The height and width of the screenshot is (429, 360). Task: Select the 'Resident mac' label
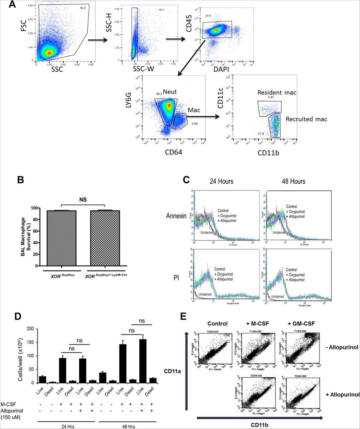277,92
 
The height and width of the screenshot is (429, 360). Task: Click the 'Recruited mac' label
306,119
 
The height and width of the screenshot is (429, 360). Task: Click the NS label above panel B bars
83,199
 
